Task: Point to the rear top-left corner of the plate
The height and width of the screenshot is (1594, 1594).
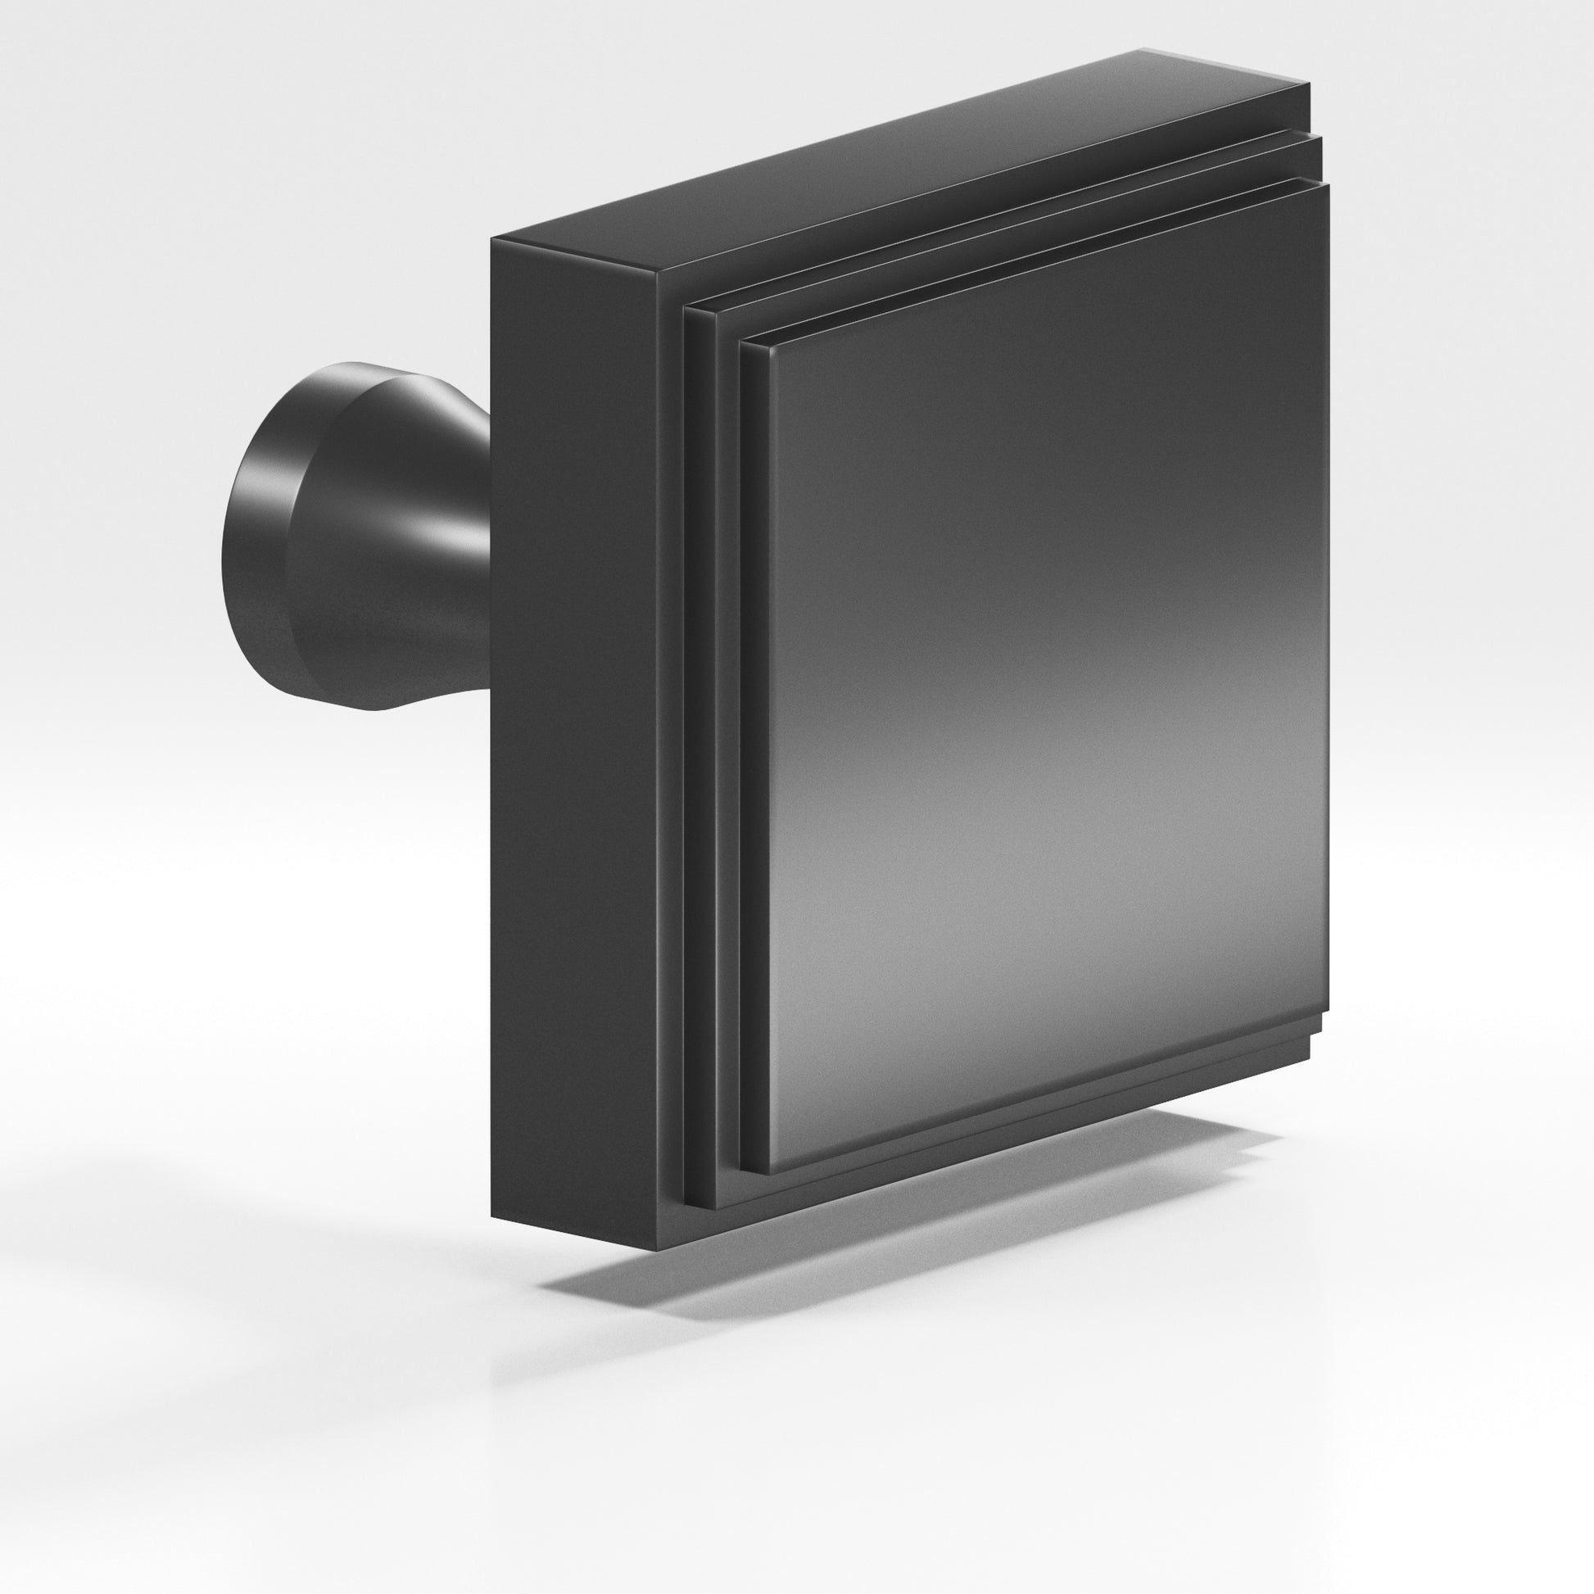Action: click(x=492, y=238)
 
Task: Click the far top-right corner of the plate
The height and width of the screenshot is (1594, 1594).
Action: click(x=1307, y=83)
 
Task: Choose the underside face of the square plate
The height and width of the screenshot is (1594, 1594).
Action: click(x=990, y=1155)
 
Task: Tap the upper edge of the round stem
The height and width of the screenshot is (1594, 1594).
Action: click(x=363, y=363)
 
